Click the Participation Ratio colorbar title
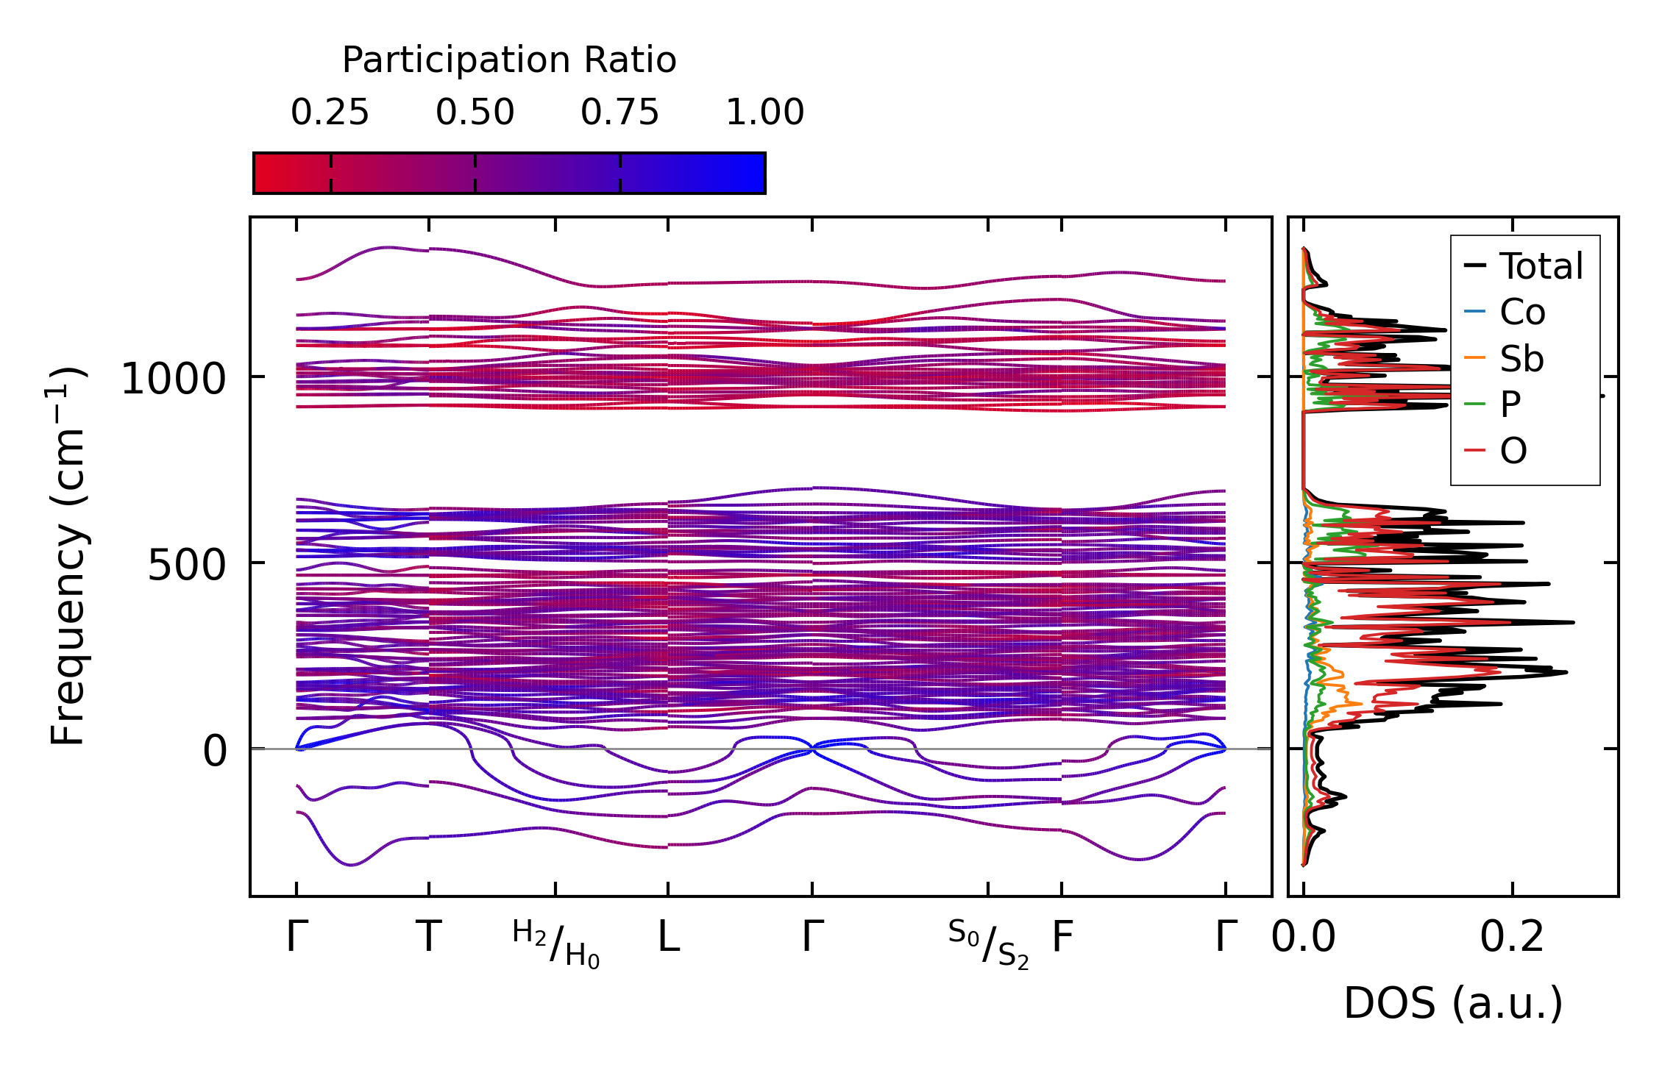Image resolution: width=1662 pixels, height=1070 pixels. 509,60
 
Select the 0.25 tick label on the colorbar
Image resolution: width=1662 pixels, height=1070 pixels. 330,113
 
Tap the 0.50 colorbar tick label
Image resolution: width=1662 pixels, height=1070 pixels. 475,113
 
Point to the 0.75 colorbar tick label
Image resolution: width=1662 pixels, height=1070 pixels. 619,113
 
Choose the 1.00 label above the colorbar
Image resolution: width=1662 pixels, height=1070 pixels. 764,113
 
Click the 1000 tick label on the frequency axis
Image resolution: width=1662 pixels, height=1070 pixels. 173,379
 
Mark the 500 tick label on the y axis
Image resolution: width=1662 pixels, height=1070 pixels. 187,566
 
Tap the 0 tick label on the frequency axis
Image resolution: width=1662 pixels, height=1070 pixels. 215,752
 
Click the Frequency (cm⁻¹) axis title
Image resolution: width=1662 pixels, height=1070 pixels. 68,556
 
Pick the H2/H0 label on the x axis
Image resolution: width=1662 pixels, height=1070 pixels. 556,944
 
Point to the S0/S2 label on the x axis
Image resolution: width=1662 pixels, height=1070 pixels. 988,944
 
